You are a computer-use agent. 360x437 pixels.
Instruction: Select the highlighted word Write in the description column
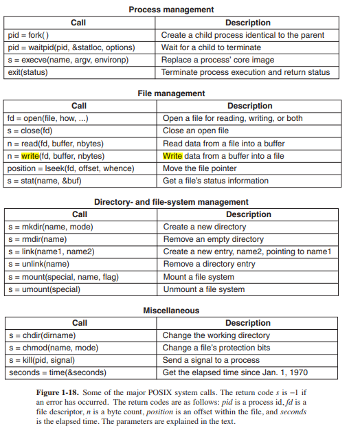[172, 156]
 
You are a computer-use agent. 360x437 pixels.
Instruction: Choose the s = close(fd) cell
[30, 131]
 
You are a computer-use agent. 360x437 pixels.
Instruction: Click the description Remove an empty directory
[213, 239]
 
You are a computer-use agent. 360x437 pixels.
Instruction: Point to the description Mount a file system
[199, 277]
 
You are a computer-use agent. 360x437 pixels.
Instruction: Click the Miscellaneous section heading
[171, 311]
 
